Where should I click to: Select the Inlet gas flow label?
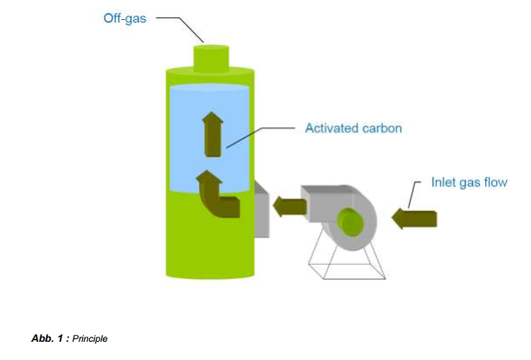coord(469,183)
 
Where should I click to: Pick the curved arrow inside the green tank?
coord(216,196)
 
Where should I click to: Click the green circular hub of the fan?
coord(350,222)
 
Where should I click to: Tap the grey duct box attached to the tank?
coord(261,208)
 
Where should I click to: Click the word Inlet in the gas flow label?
coord(444,183)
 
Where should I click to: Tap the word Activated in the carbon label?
coord(329,128)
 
